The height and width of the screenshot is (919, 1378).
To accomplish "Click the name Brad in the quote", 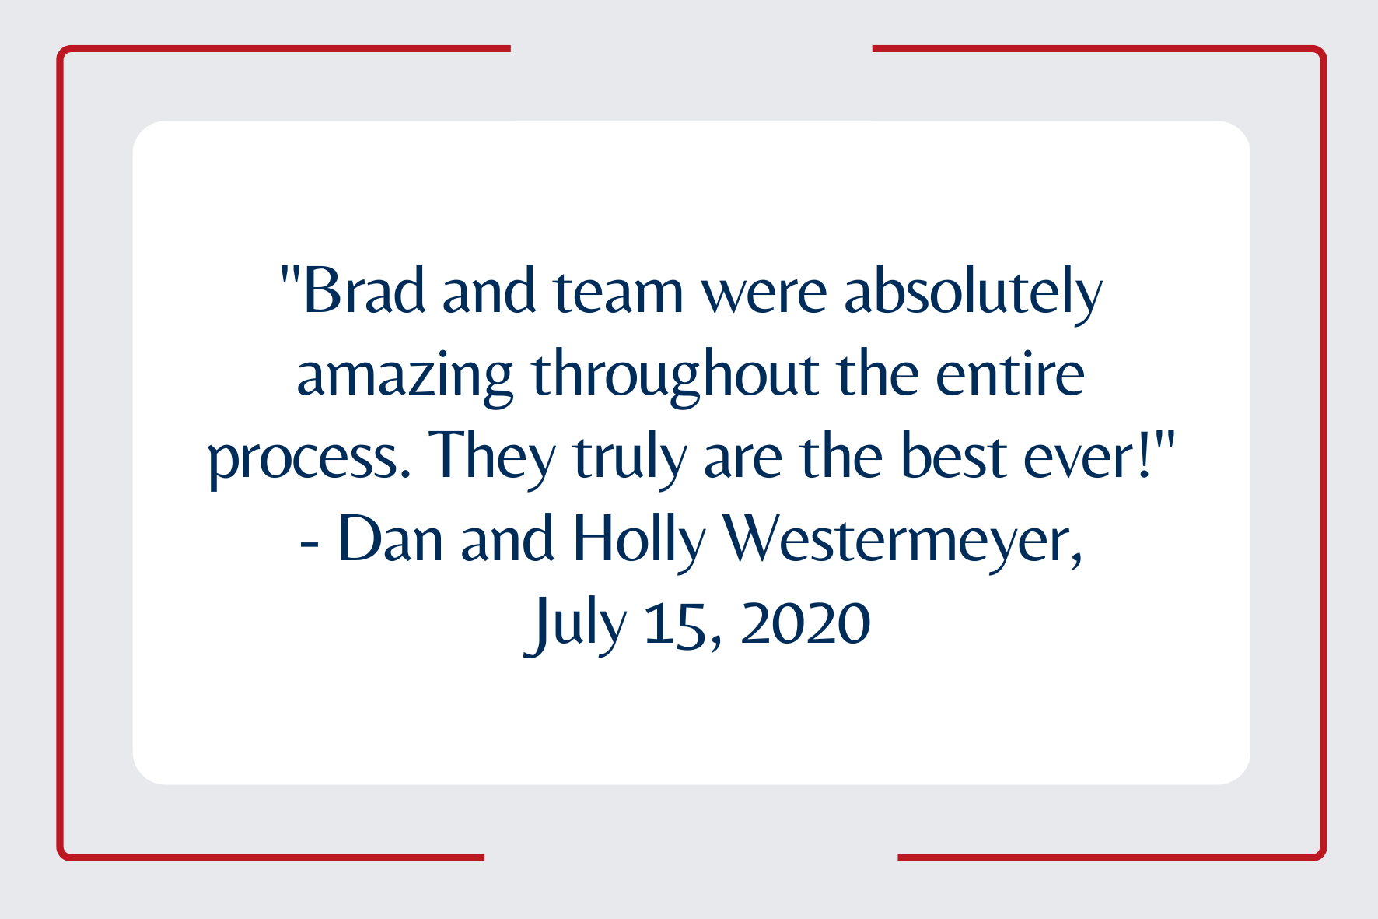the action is (364, 289).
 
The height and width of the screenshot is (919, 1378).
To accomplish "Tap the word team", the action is (618, 291).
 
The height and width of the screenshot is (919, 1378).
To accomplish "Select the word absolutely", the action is (974, 293).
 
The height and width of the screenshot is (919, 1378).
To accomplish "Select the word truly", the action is (630, 458).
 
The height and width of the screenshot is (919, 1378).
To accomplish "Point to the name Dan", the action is (390, 538).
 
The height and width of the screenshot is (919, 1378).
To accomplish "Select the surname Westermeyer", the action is (902, 542).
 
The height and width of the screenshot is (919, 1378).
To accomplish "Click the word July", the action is (575, 624).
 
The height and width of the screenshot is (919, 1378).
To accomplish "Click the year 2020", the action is (806, 623).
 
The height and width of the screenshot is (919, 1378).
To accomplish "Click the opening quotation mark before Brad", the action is (289, 274).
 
